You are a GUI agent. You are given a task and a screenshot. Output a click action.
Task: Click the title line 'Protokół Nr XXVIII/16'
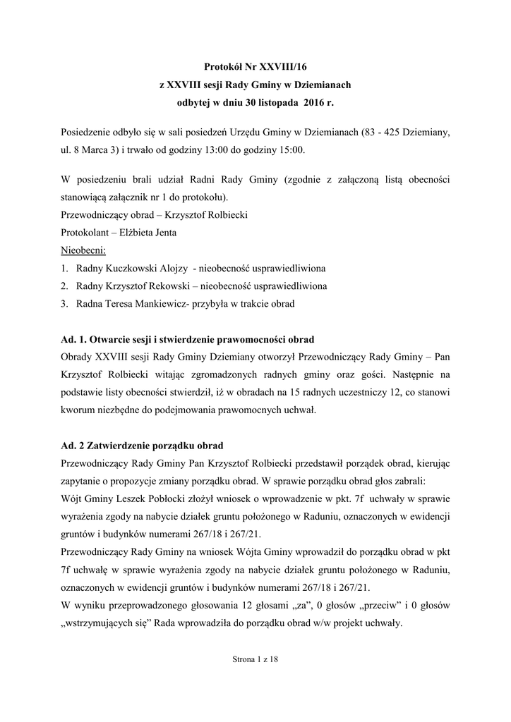pyautogui.click(x=255, y=68)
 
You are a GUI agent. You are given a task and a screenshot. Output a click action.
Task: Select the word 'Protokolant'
pyautogui.click(x=83, y=233)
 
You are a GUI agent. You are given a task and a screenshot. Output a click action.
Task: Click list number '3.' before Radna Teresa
pyautogui.click(x=64, y=304)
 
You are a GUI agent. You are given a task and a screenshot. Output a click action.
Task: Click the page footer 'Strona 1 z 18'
pyautogui.click(x=255, y=659)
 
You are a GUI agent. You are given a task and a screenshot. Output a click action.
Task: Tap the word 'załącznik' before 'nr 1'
pyautogui.click(x=128, y=197)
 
